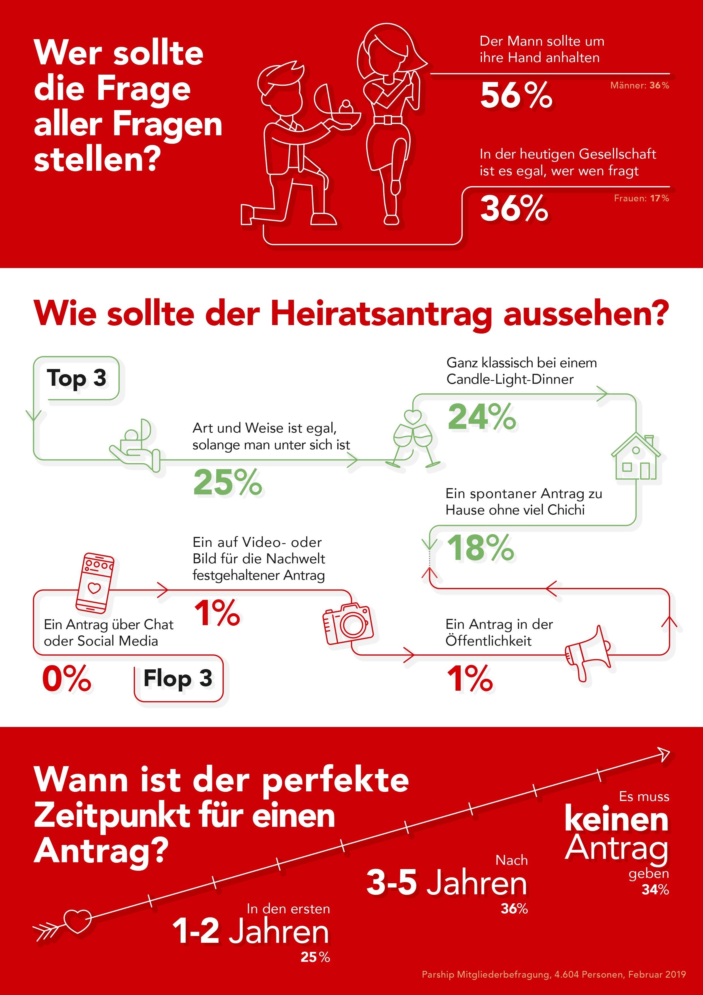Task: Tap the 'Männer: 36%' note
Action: (639, 85)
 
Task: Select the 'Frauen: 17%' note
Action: (641, 199)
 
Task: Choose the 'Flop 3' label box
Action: (178, 678)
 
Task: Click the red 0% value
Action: (66, 678)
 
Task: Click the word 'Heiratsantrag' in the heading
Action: (381, 313)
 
